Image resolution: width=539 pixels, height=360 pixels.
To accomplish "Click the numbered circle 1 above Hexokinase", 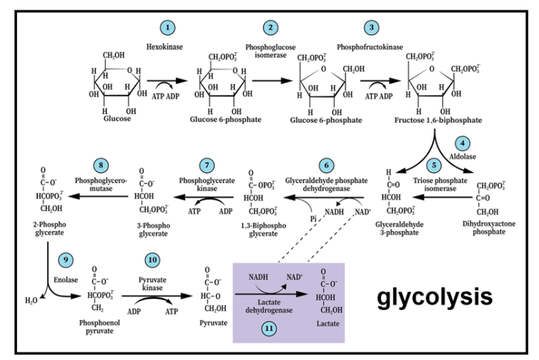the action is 168,27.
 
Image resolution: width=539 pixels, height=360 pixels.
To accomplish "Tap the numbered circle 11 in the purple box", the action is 269,328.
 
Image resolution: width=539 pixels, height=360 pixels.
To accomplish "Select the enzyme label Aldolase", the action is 463,156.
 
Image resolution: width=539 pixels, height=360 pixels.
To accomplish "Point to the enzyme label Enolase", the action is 66,280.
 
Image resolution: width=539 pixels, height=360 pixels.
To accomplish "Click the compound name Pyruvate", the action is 213,323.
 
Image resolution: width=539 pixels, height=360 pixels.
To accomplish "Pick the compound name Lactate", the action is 328,323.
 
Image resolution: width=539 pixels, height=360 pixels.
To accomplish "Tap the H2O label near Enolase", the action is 31,301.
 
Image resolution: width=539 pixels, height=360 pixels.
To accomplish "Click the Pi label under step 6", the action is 313,219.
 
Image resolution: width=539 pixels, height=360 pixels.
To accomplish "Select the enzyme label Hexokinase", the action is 165,47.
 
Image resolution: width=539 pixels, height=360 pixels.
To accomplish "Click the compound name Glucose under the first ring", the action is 117,119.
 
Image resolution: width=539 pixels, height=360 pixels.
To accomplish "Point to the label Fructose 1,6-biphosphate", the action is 438,120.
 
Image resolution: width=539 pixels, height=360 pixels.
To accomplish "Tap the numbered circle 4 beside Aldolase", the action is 462,143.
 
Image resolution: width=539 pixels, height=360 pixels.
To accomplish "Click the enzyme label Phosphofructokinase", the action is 370,47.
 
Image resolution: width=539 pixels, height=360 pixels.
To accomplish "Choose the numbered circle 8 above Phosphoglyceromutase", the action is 100,165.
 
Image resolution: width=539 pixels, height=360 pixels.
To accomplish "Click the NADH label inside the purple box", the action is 258,276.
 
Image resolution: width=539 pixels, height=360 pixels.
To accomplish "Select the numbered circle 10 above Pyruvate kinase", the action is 152,260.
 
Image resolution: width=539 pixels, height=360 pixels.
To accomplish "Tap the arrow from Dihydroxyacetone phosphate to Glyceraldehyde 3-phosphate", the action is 443,197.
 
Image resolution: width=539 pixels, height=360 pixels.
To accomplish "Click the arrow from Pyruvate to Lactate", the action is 271,294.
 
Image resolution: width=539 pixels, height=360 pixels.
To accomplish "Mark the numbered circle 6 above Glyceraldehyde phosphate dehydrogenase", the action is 327,165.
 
